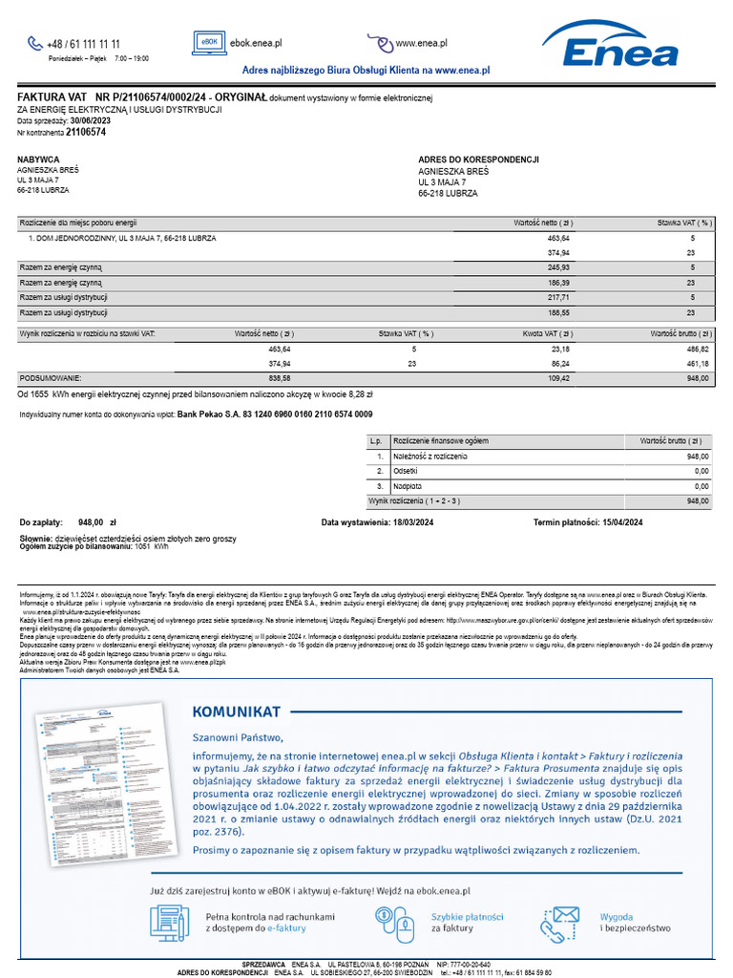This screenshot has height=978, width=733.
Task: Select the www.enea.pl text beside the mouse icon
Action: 422,43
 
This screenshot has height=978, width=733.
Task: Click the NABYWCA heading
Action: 38,159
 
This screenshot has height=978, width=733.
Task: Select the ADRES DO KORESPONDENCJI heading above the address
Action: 478,159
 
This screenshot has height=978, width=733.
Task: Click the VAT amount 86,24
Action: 560,364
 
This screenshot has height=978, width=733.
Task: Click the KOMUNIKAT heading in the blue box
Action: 236,712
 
